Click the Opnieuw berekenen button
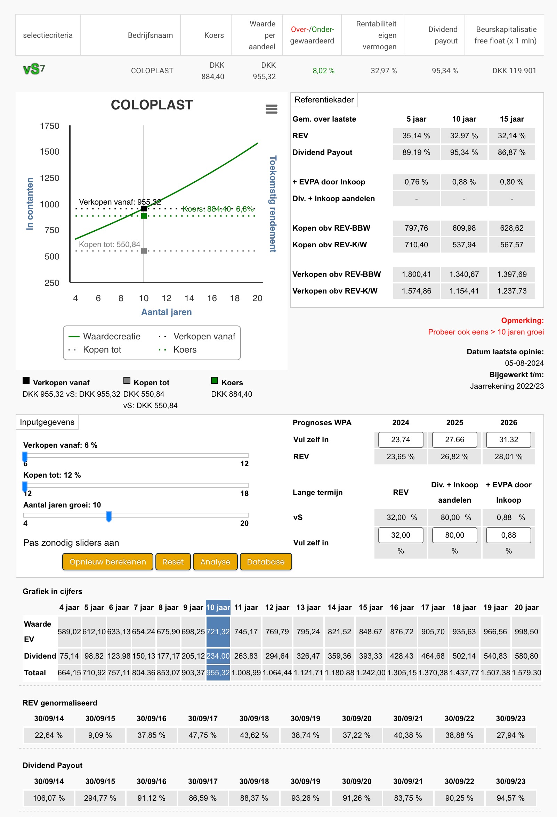[108, 561]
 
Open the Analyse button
[215, 561]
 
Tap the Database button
[266, 561]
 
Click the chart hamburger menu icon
[271, 109]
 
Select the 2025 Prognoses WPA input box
[455, 439]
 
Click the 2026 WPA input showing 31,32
[508, 439]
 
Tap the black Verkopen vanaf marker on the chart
[144, 208]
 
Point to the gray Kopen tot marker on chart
[144, 251]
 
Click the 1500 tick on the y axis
[50, 151]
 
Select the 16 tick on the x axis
[212, 298]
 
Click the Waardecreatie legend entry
[105, 337]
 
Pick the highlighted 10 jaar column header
[218, 608]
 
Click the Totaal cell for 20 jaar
[526, 672]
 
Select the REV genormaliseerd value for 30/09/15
[100, 735]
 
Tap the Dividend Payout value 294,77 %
[100, 798]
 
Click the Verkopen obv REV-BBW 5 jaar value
[416, 274]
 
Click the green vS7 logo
[34, 69]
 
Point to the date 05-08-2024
[524, 363]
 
